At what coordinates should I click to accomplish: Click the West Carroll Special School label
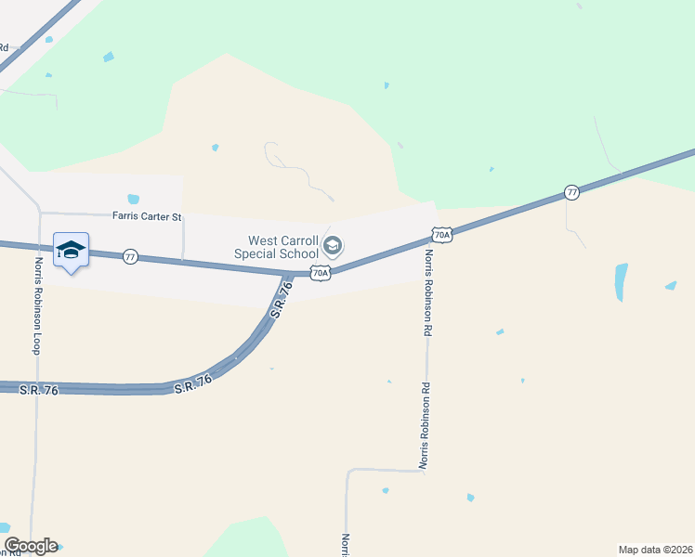276,247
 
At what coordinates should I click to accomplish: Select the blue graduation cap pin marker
72,251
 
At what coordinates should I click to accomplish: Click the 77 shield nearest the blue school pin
131,256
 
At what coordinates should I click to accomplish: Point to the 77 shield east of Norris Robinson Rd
572,192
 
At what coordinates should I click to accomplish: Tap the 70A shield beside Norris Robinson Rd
442,235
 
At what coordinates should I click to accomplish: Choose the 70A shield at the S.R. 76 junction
320,273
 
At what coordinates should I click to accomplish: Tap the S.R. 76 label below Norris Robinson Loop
38,391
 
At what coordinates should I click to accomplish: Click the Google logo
31,546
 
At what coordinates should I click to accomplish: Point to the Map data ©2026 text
656,549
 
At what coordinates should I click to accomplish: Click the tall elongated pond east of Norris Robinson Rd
621,282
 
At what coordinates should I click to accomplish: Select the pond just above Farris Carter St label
133,199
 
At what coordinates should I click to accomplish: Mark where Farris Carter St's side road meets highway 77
183,262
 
